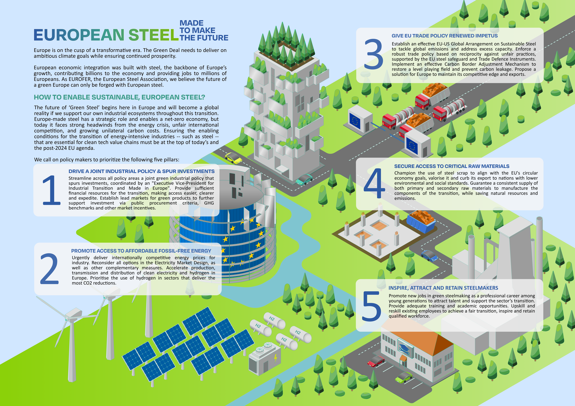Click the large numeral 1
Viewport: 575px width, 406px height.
51,190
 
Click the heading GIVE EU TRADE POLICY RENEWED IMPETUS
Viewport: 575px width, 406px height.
445,36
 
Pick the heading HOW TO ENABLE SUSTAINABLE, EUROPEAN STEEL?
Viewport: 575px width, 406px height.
119,97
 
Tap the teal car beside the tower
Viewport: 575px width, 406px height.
304,179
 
